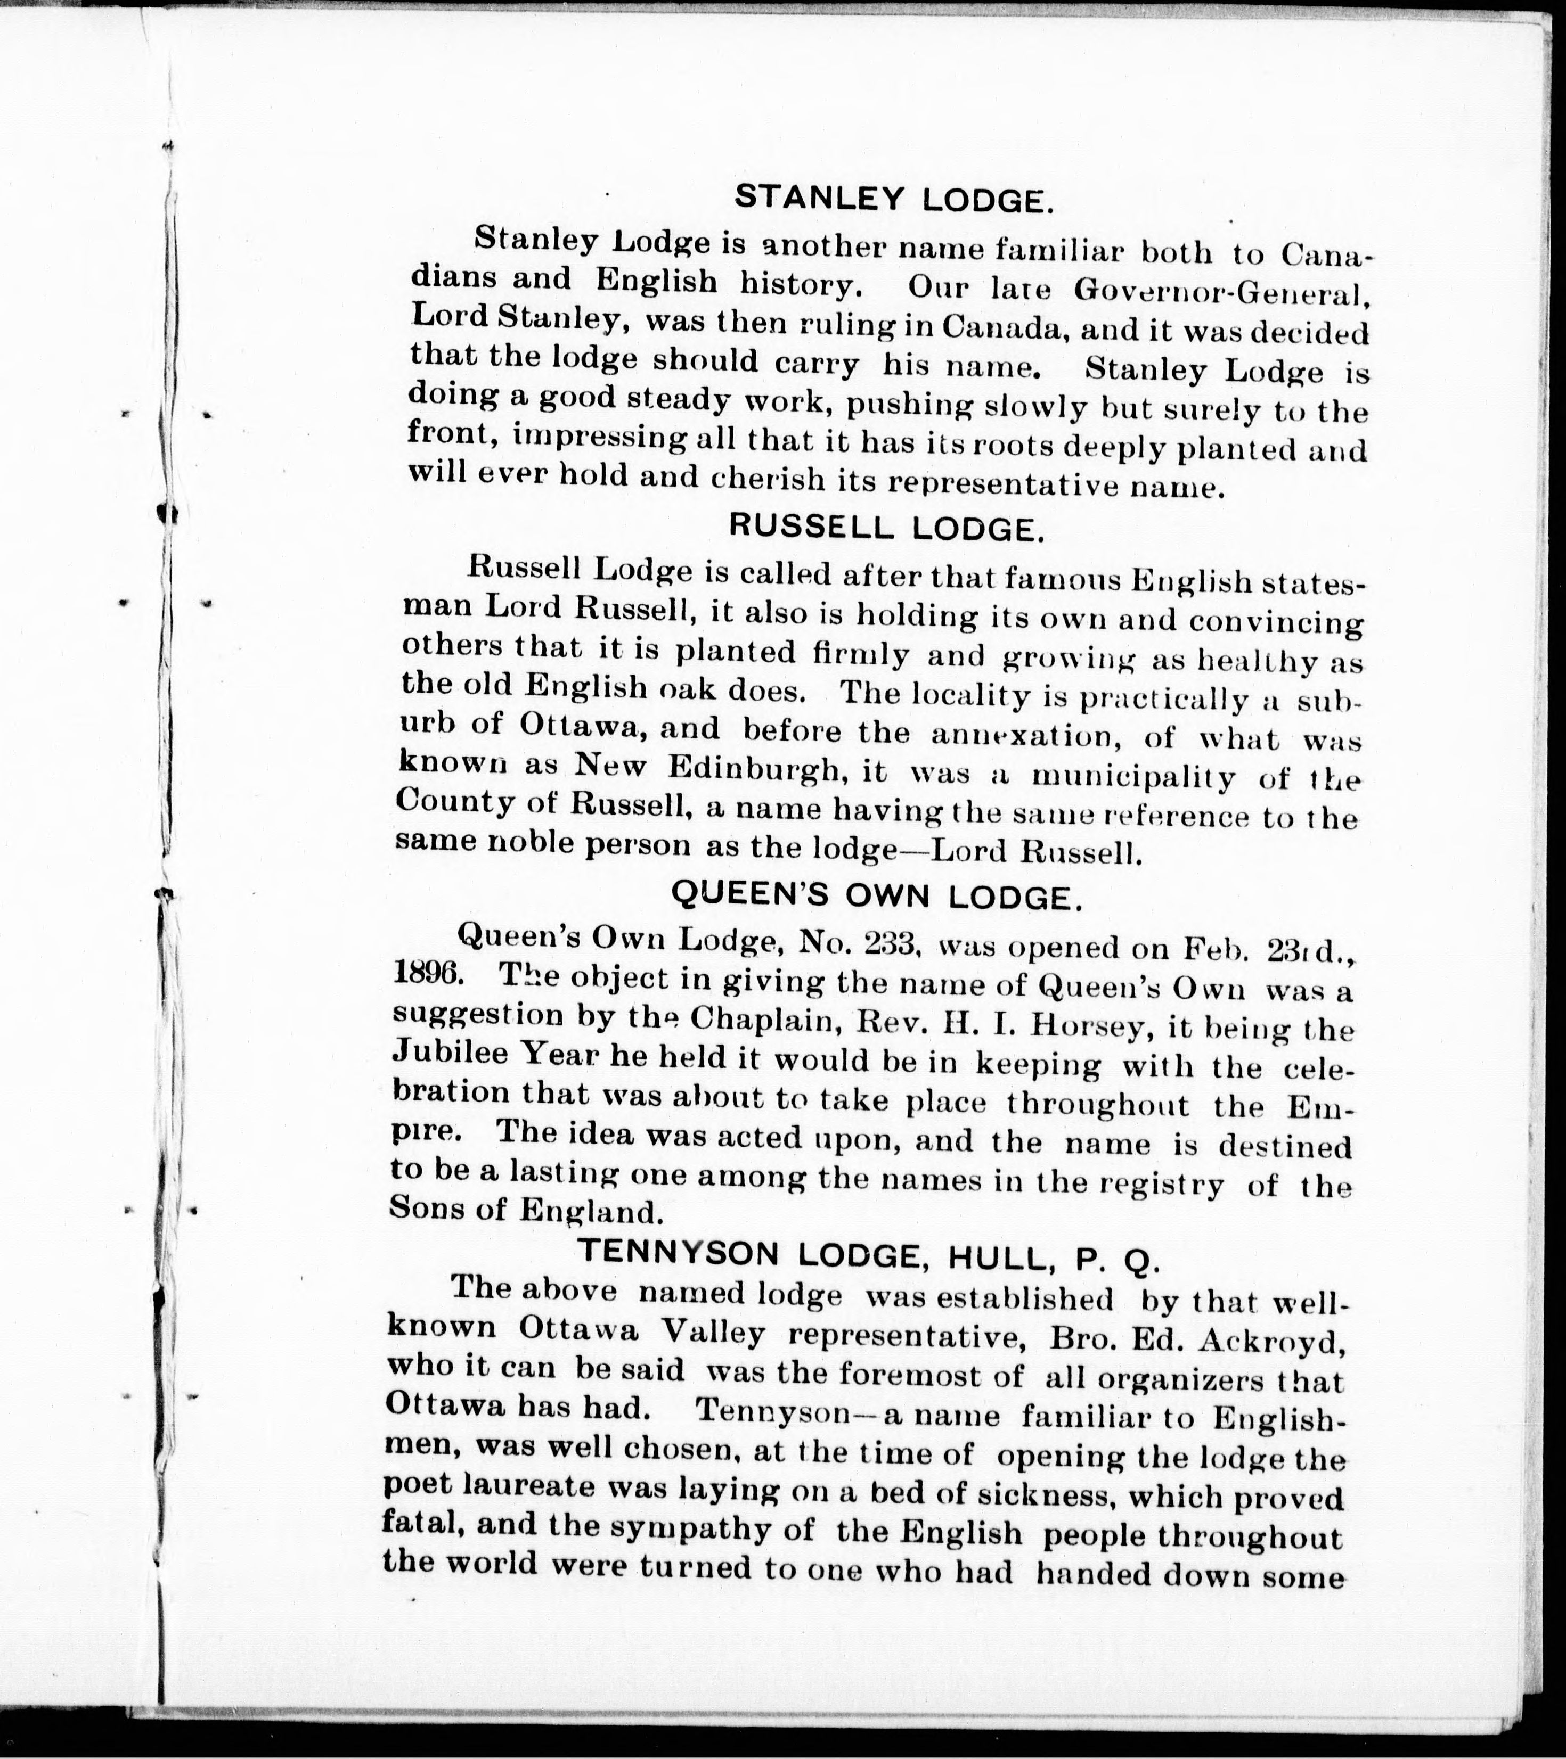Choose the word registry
click(x=1158, y=1186)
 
